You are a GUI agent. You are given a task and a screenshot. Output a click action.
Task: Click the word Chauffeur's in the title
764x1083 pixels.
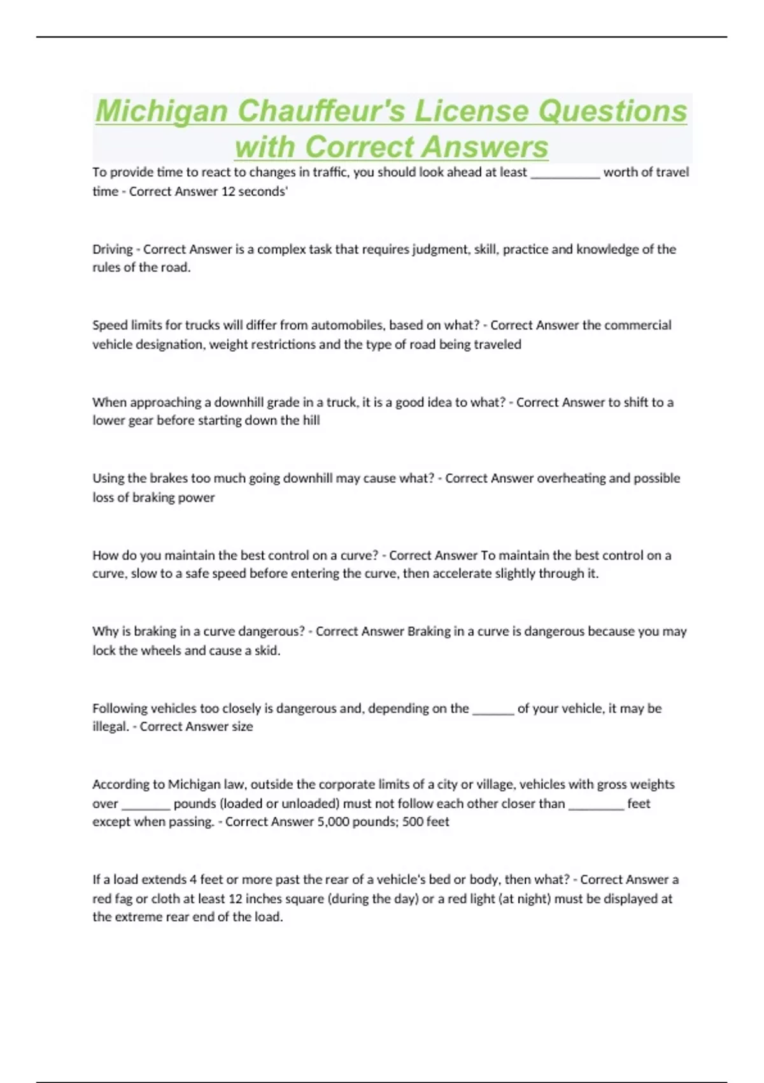click(321, 111)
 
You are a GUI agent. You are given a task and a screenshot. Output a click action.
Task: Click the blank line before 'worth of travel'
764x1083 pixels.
click(565, 173)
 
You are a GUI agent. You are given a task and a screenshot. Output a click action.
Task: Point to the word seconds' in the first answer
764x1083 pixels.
click(263, 191)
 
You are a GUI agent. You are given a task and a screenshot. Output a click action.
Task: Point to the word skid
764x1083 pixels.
click(267, 650)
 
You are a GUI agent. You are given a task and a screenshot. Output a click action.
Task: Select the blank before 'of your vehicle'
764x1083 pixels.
click(493, 709)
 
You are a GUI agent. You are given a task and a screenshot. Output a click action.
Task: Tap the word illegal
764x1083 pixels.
click(110, 726)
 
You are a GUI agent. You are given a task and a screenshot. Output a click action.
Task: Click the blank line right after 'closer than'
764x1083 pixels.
click(595, 804)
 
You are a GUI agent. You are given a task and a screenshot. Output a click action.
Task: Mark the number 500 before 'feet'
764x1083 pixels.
click(413, 822)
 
